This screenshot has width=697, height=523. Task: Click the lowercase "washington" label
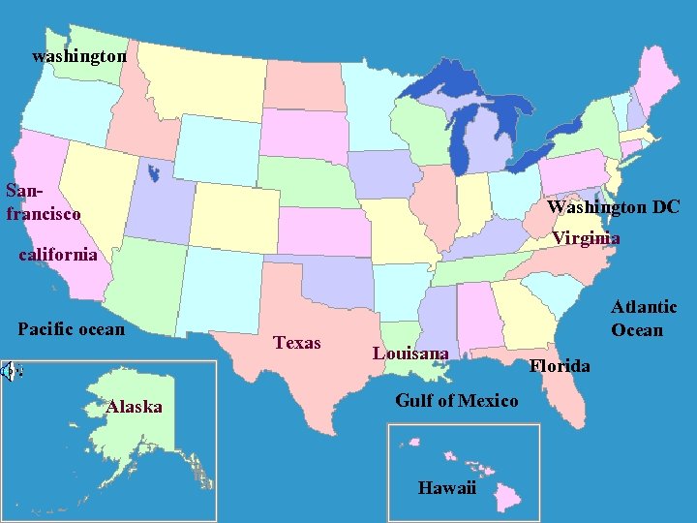pyautogui.click(x=78, y=56)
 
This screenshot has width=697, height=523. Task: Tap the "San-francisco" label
pyautogui.click(x=43, y=201)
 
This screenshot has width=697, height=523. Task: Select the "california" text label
pyautogui.click(x=58, y=255)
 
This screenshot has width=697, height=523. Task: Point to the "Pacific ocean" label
pyautogui.click(x=71, y=329)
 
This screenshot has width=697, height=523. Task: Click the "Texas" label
pyautogui.click(x=297, y=342)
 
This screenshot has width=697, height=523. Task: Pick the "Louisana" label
pyautogui.click(x=410, y=354)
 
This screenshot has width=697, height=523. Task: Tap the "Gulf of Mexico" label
pyautogui.click(x=457, y=400)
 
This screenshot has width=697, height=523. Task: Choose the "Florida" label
pyautogui.click(x=560, y=365)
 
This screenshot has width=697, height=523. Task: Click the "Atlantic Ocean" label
pyautogui.click(x=643, y=319)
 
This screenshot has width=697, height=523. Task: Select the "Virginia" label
pyautogui.click(x=586, y=238)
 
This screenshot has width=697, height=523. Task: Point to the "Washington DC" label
pyautogui.click(x=613, y=207)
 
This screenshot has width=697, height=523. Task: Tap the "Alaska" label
pyautogui.click(x=134, y=407)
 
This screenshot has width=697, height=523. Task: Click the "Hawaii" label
pyautogui.click(x=446, y=487)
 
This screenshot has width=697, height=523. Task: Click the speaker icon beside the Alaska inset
pyautogui.click(x=10, y=369)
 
